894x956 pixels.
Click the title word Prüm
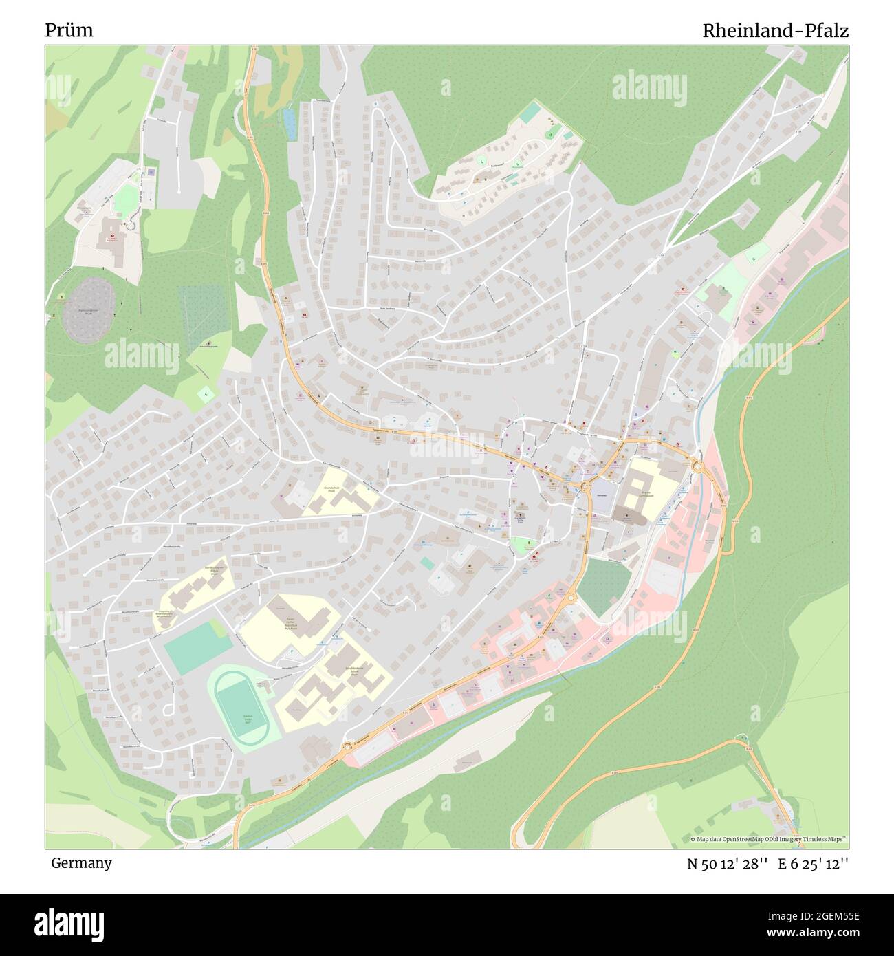click(x=69, y=31)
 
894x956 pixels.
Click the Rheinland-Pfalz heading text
click(x=775, y=31)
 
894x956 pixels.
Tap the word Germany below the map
click(x=80, y=863)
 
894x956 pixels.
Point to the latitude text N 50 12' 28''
click(x=727, y=864)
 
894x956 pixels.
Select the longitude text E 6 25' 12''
click(x=814, y=864)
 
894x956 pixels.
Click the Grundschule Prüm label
click(x=331, y=489)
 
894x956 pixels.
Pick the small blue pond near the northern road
click(x=290, y=123)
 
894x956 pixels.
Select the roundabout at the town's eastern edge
click(x=699, y=467)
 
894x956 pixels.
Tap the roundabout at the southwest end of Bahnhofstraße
click(x=347, y=747)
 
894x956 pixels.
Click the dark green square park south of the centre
click(x=603, y=587)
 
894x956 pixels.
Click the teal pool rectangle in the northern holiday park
click(x=530, y=112)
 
